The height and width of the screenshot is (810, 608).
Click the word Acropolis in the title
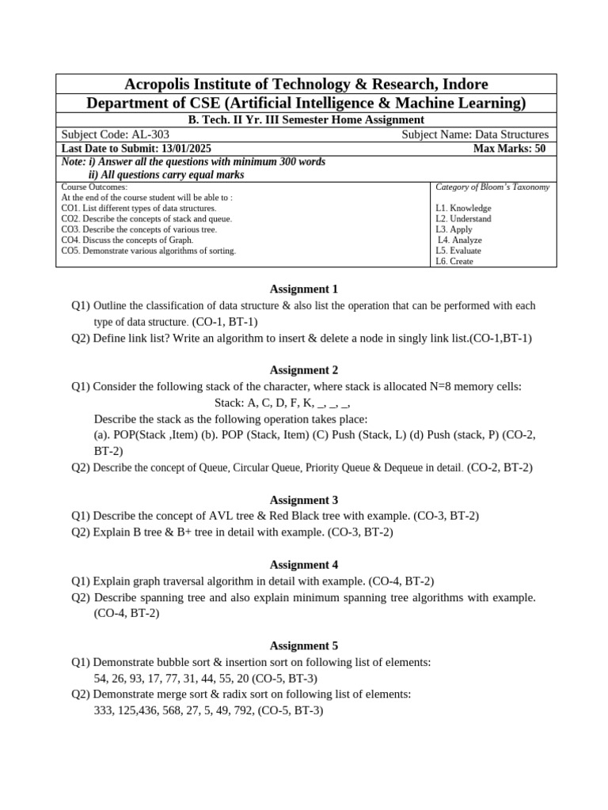pos(158,85)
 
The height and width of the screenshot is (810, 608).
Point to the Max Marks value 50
pos(539,148)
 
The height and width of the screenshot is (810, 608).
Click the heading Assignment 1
pos(304,289)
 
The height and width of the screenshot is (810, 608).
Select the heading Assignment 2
pos(304,369)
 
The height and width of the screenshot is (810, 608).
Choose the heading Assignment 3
pos(304,500)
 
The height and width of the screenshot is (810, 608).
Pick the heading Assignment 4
pos(304,565)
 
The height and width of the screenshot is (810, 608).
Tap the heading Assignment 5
pos(304,645)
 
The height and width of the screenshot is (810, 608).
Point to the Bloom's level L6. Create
pos(454,261)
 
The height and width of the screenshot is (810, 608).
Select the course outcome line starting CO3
pos(139,229)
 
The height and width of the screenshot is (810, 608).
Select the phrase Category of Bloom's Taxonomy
pos(492,187)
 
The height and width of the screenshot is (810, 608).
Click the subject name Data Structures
pos(510,134)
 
